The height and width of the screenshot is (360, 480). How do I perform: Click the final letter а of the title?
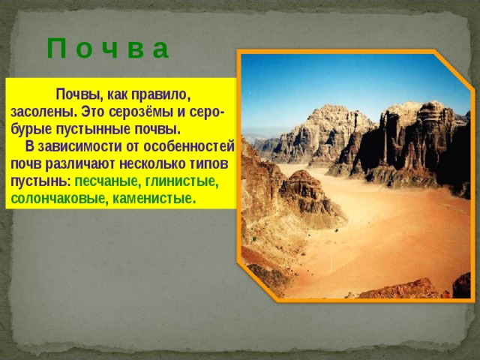160,49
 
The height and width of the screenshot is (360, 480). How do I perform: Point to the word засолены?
43,112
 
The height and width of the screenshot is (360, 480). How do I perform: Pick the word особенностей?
188,147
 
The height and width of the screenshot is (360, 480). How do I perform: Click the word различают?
81,164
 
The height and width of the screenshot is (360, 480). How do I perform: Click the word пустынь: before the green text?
41,181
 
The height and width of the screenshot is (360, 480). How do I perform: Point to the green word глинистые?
181,181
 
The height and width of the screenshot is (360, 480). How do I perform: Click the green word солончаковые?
59,199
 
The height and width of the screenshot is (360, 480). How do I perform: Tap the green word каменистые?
154,199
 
